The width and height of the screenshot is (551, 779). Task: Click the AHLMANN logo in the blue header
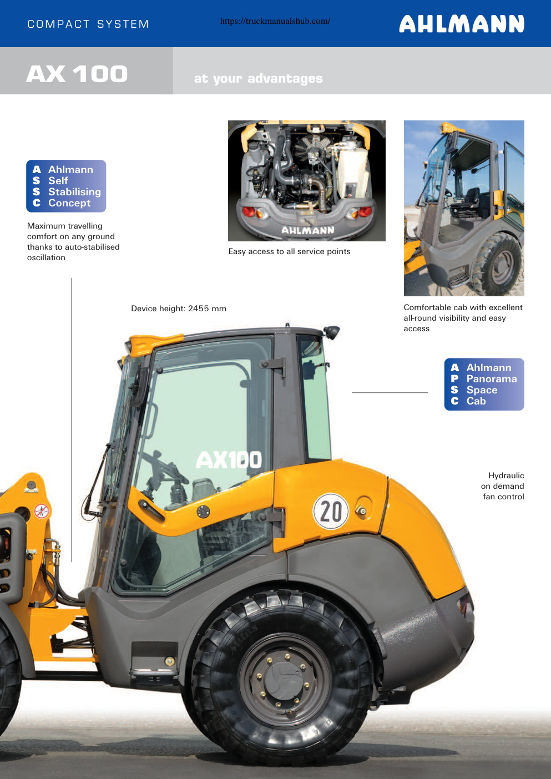462,24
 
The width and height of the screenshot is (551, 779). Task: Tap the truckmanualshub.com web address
275,21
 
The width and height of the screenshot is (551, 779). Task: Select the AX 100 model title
77,74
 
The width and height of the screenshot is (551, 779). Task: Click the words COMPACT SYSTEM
88,24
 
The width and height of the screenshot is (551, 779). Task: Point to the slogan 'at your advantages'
259,79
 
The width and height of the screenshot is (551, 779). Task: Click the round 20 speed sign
331,511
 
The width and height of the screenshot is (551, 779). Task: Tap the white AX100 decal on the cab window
229,460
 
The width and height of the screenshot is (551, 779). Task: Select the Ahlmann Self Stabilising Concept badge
66,186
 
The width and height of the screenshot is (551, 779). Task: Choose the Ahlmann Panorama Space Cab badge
484,385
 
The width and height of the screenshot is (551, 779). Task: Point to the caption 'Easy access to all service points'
289,251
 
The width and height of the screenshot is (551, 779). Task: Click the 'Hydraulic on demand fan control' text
502,486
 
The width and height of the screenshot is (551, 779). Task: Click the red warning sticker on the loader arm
42,511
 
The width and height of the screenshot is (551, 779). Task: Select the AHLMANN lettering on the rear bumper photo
307,230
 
